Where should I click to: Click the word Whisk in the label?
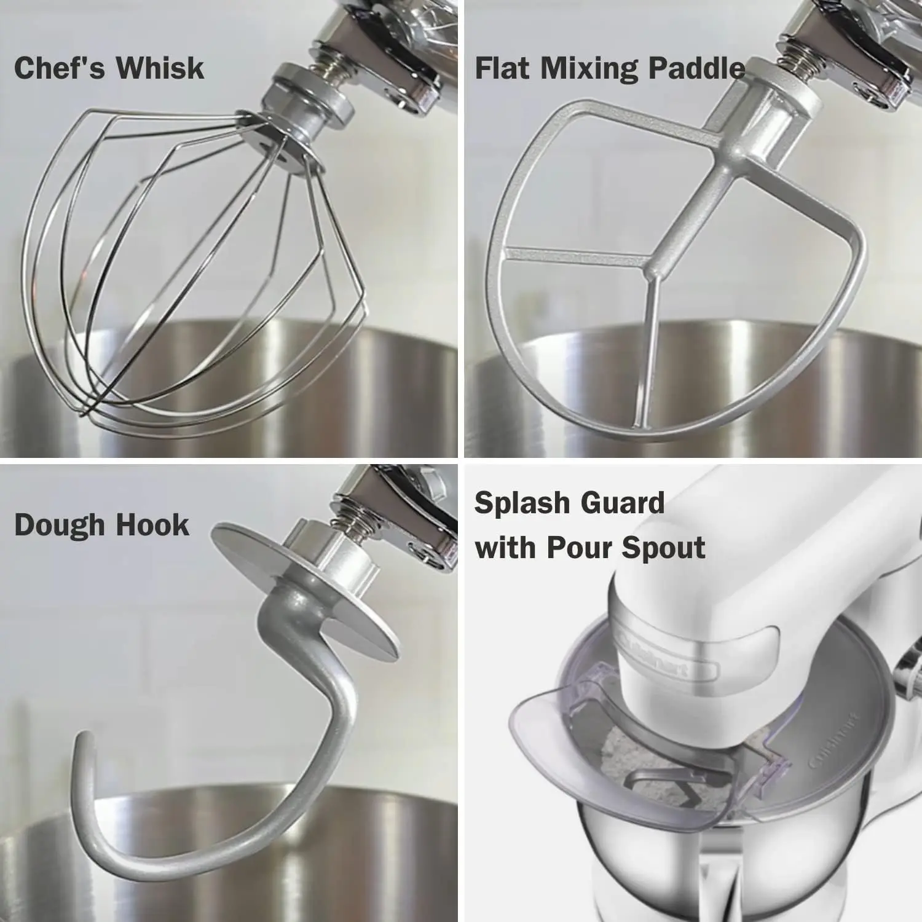click(162, 68)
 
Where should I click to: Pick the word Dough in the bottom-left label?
click(60, 526)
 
